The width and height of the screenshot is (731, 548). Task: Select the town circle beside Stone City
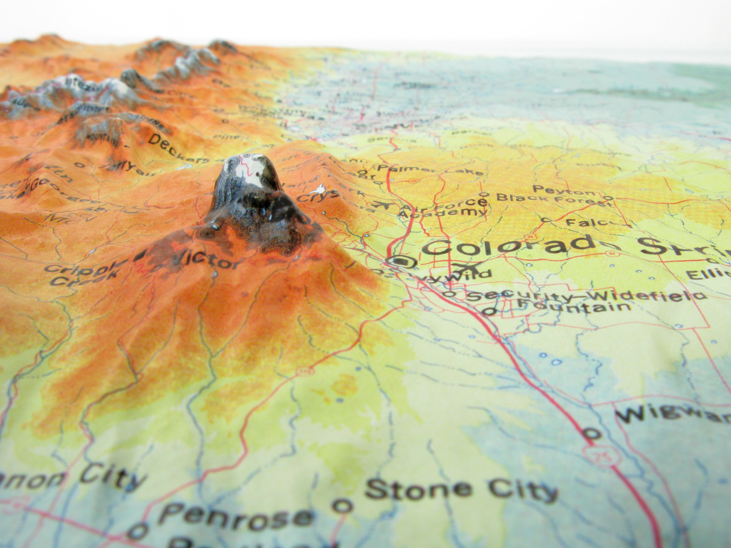coord(342,505)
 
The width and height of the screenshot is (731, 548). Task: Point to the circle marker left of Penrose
coord(137,531)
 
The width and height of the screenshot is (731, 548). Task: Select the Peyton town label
coord(558,190)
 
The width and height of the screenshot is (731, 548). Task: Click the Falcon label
coord(588,223)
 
